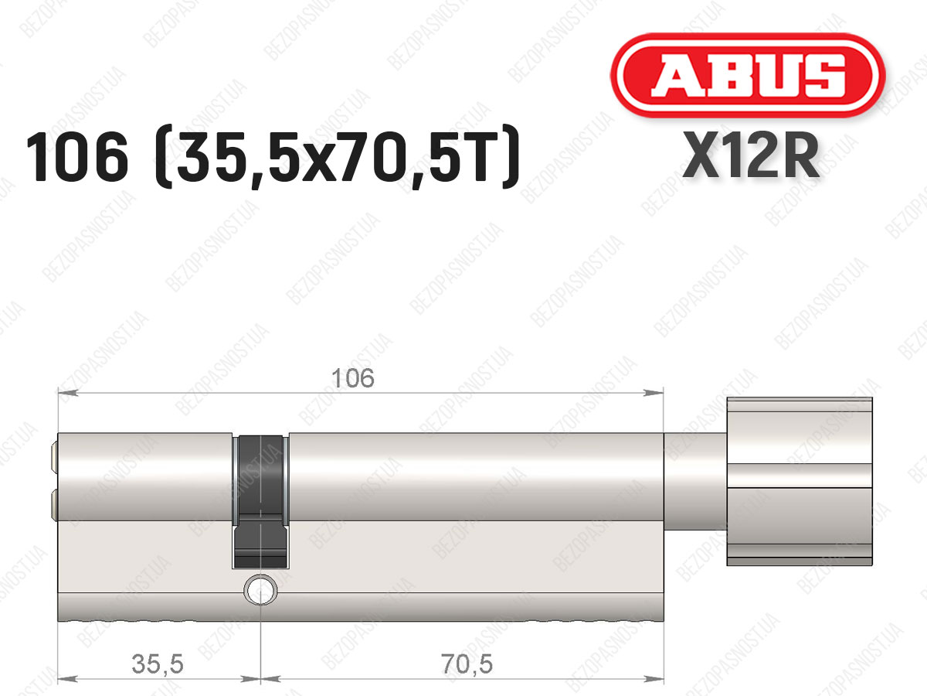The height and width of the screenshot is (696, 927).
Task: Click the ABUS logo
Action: [x=748, y=76]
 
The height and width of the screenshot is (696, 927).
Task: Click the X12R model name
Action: [x=751, y=155]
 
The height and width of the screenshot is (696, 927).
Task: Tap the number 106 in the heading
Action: [x=76, y=156]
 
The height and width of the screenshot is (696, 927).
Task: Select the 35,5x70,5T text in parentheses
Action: [x=338, y=157]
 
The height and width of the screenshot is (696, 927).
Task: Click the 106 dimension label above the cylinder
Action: [x=352, y=378]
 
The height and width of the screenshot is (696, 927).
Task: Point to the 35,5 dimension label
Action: [x=158, y=664]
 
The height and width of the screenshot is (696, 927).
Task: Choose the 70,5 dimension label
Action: [x=467, y=664]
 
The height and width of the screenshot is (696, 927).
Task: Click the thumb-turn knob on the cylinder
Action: [x=800, y=481]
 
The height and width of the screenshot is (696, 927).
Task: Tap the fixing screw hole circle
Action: [x=261, y=590]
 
